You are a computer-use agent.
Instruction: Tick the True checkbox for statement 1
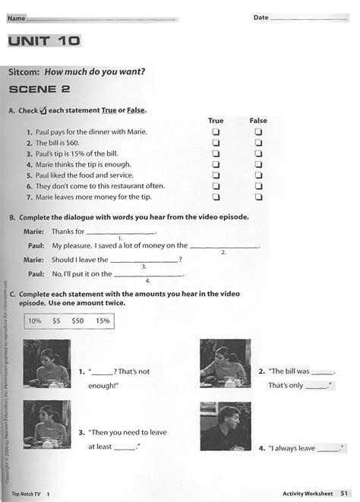coord(216,131)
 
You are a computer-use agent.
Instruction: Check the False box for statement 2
coord(258,142)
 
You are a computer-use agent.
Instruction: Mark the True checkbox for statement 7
coord(216,196)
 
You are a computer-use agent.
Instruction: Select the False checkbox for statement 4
coord(258,163)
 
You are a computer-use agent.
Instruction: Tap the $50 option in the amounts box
coord(77,321)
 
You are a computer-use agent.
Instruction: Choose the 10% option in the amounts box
coord(35,321)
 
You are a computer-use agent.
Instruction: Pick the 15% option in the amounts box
coord(102,321)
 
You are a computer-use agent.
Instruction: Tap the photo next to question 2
coord(224,361)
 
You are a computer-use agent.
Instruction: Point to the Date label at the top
coord(261,16)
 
